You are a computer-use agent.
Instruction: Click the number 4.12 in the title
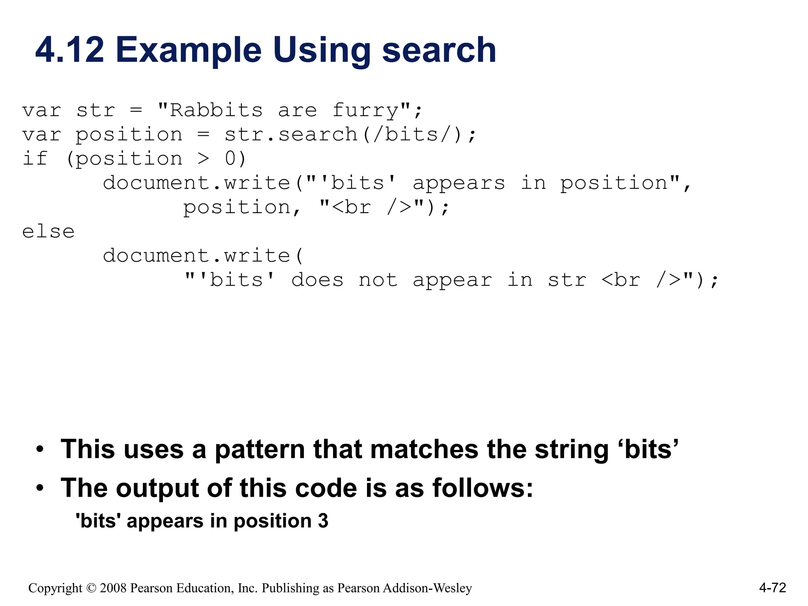(x=70, y=50)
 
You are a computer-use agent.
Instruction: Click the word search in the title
(x=439, y=50)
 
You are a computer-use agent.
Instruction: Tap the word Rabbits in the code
(x=216, y=110)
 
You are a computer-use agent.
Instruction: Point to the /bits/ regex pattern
(x=411, y=135)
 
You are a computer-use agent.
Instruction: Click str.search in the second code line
(x=291, y=135)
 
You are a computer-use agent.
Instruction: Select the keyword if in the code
(x=35, y=159)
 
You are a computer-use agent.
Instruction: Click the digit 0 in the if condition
(x=230, y=159)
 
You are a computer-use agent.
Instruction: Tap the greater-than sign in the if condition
(x=203, y=159)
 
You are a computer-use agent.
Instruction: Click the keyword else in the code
(x=48, y=232)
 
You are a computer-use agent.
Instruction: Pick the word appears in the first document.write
(x=458, y=183)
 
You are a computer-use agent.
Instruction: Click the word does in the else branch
(x=318, y=280)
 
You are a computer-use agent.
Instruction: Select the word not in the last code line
(x=378, y=280)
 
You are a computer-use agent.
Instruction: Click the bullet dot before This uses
(x=39, y=450)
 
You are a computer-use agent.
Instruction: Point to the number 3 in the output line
(x=323, y=521)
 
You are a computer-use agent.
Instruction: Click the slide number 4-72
(x=772, y=588)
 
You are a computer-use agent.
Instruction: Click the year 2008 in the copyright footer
(x=113, y=588)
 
